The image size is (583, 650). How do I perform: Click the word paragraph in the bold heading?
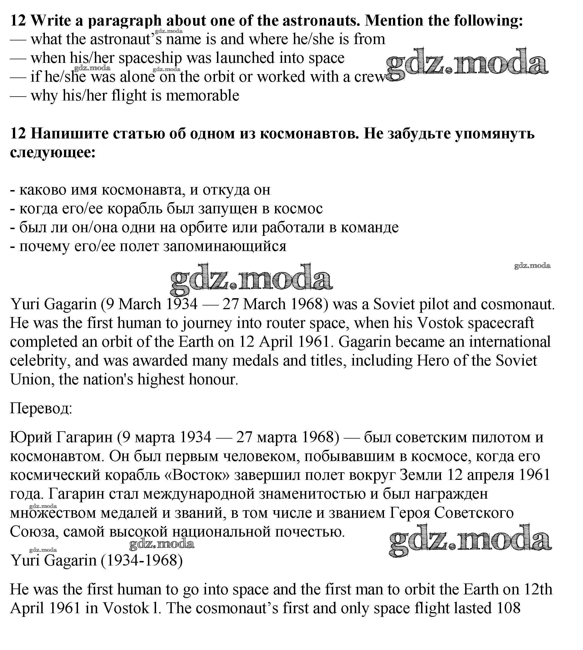pyautogui.click(x=125, y=21)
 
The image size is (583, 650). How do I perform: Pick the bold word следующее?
pyautogui.click(x=53, y=152)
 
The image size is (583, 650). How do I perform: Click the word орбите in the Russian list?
pyautogui.click(x=204, y=227)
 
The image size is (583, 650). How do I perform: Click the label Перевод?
pyautogui.click(x=41, y=409)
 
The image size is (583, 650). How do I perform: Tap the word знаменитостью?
pyautogui.click(x=312, y=494)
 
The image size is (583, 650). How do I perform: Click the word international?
pyautogui.click(x=510, y=342)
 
